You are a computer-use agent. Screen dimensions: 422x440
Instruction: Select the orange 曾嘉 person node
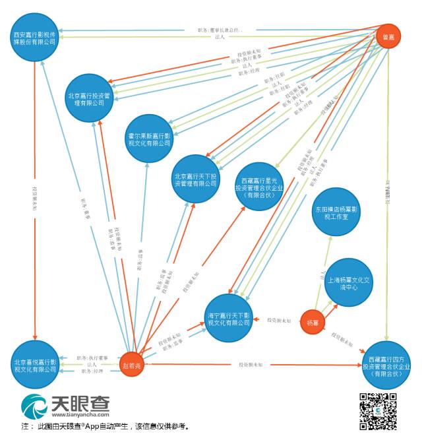(388, 37)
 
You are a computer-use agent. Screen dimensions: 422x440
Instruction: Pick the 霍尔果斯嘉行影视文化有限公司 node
(149, 139)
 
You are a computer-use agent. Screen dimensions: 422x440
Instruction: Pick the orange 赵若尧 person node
(132, 364)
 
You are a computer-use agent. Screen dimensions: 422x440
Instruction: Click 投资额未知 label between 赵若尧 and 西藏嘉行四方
(251, 364)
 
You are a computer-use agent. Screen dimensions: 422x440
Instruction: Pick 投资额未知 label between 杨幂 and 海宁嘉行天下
(280, 320)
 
